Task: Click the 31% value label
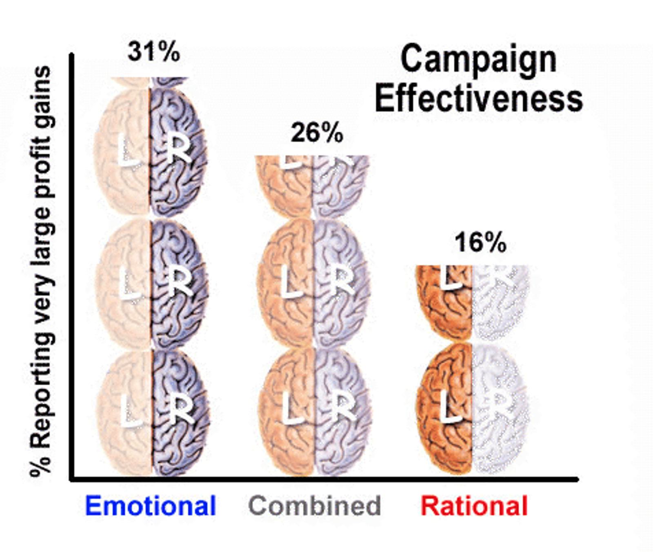[x=153, y=52]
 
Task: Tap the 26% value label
[x=317, y=133]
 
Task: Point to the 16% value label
[x=480, y=242]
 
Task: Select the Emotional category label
[x=150, y=505]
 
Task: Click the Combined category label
[x=315, y=505]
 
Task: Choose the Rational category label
[x=474, y=505]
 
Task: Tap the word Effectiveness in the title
[x=478, y=99]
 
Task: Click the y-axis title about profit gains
[x=41, y=272]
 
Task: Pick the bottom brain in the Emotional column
[x=152, y=413]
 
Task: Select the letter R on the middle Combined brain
[x=342, y=281]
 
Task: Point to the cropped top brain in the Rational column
[x=473, y=302]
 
